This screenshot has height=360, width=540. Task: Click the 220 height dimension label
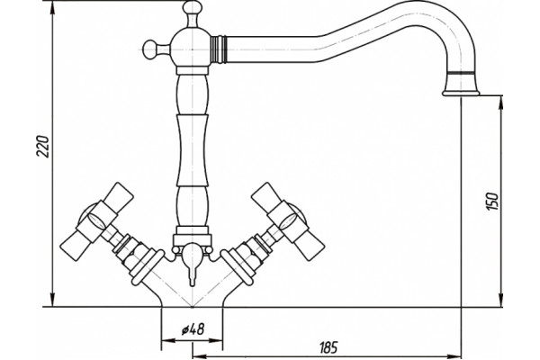click(43, 147)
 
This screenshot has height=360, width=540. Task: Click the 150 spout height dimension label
click(491, 202)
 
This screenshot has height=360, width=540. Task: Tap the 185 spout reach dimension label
click(328, 347)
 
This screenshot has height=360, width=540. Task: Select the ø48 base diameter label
click(193, 329)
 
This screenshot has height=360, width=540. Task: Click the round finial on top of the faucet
click(193, 7)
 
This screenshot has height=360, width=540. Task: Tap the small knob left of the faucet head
click(151, 50)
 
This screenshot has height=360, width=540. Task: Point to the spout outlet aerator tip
click(461, 93)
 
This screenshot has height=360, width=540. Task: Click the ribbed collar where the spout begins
click(219, 49)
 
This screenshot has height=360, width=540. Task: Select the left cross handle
click(97, 217)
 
